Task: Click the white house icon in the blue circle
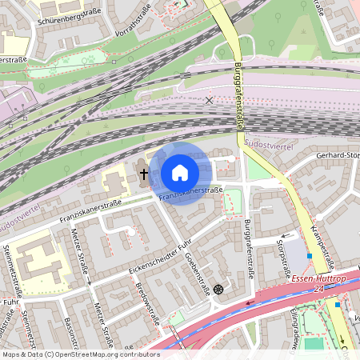(x=179, y=173)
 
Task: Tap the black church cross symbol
(x=144, y=173)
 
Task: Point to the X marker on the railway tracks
(x=210, y=100)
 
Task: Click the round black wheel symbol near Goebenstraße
(x=218, y=288)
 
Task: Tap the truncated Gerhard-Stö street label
(x=337, y=154)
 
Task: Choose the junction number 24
(x=318, y=289)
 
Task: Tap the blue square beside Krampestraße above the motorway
(x=309, y=255)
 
